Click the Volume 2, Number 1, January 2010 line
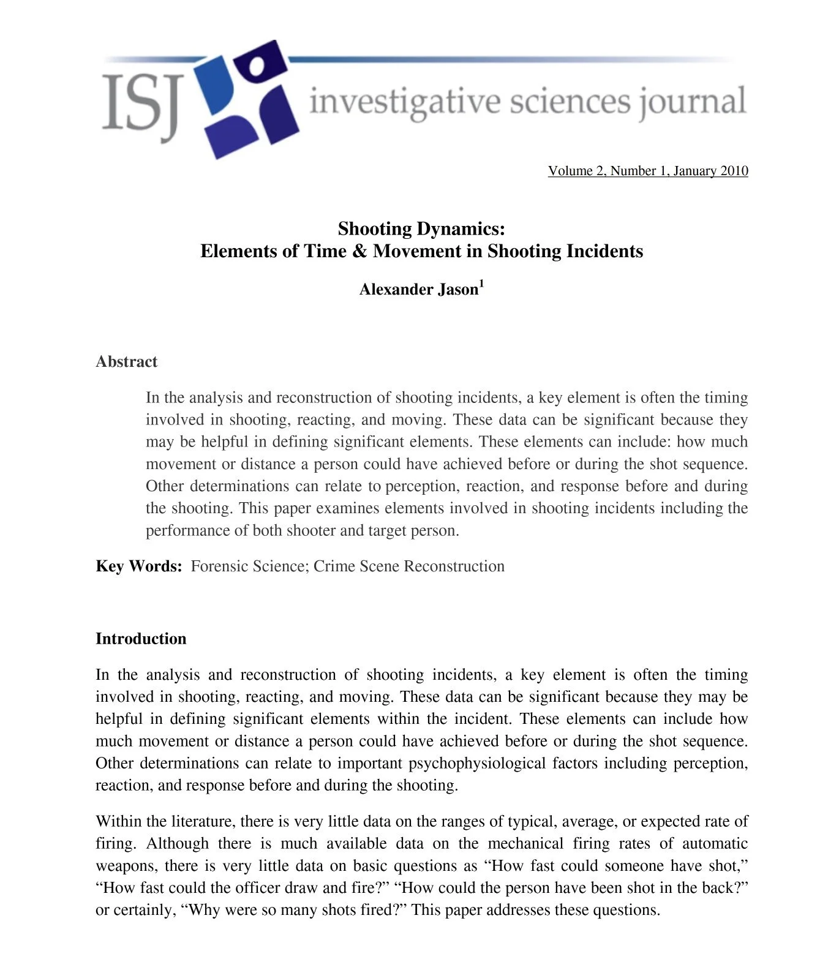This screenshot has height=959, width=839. pos(647,171)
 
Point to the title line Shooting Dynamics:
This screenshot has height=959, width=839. pos(421,229)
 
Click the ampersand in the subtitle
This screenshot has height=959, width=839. pos(359,252)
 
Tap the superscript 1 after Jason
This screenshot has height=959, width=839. pos(481,284)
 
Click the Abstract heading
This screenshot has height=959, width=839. pos(126,362)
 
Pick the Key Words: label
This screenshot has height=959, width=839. pos(139,566)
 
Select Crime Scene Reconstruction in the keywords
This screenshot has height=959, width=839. pos(409,566)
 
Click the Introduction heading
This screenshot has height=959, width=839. pos(141,639)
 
